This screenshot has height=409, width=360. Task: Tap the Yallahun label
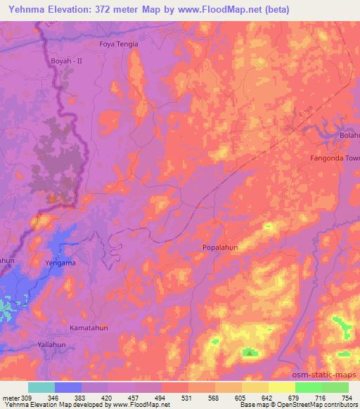tap(56, 346)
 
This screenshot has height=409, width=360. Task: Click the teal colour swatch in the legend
tap(41, 387)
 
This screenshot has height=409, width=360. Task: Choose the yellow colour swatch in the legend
tap(283, 387)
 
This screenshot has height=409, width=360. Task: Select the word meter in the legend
tap(10, 398)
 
